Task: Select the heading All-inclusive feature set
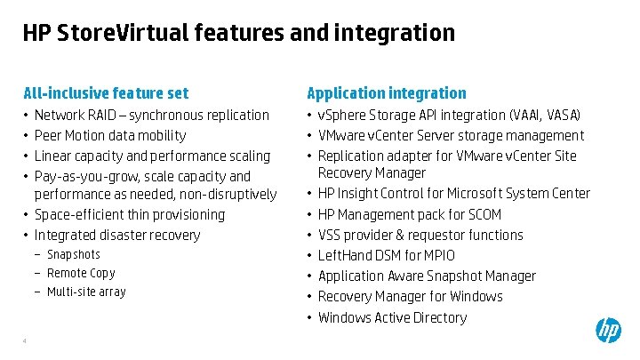pos(106,93)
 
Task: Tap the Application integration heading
pos(387,93)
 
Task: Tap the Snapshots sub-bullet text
pos(74,255)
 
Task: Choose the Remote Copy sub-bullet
pos(81,274)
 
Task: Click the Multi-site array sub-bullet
pos(86,292)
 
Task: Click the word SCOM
pos(484,214)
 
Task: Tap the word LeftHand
pos(347,256)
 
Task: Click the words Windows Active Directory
pos(392,317)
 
